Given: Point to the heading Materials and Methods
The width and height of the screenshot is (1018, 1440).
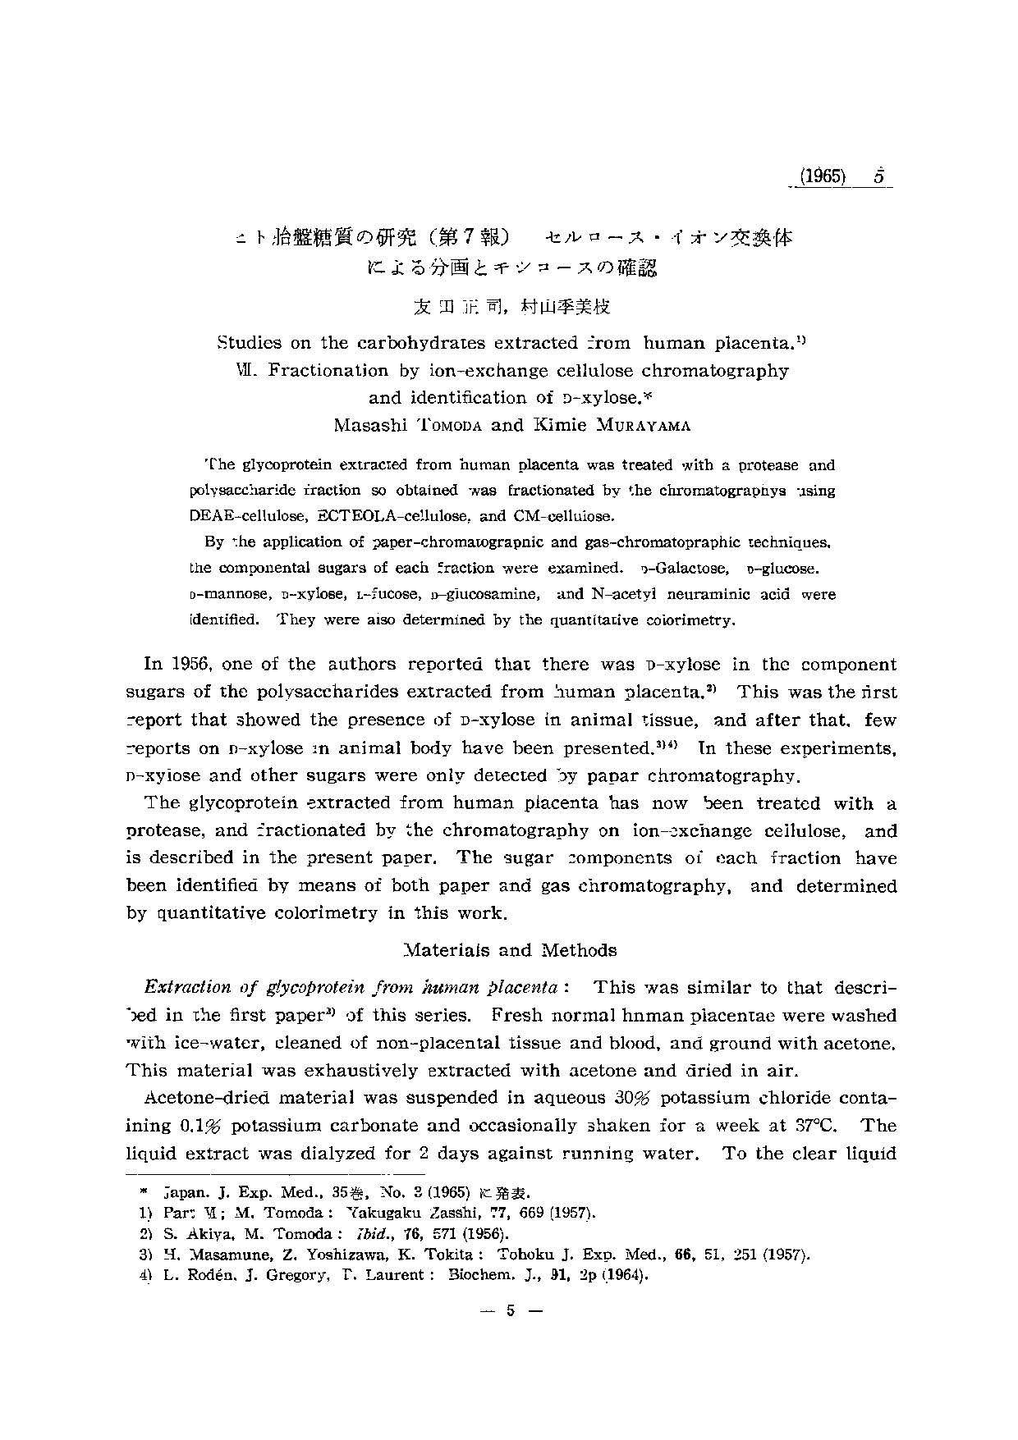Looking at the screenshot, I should [511, 950].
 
